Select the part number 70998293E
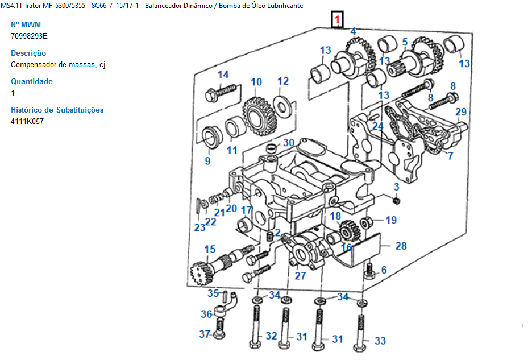pyautogui.click(x=29, y=36)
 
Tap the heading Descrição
pyautogui.click(x=28, y=53)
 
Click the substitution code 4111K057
pyautogui.click(x=27, y=121)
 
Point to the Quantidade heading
pyautogui.click(x=32, y=81)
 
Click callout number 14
pyautogui.click(x=223, y=75)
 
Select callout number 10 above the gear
pyautogui.click(x=256, y=82)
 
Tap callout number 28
pyautogui.click(x=401, y=246)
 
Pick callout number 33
pyautogui.click(x=380, y=341)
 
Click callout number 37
pyautogui.click(x=205, y=334)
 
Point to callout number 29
pyautogui.click(x=460, y=112)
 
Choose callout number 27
pyautogui.click(x=300, y=276)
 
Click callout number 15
pyautogui.click(x=210, y=249)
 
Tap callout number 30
pyautogui.click(x=289, y=143)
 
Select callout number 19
pyautogui.click(x=391, y=220)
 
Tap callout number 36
pyautogui.click(x=206, y=314)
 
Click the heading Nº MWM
pyautogui.click(x=26, y=24)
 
